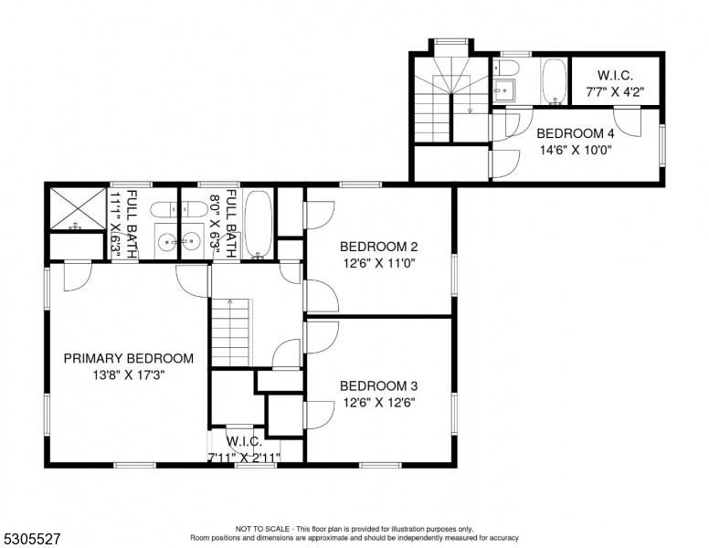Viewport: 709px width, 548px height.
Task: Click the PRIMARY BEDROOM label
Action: (x=129, y=359)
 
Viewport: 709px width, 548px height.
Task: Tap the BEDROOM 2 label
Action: (x=379, y=247)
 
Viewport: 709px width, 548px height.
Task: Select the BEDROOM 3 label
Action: (x=379, y=386)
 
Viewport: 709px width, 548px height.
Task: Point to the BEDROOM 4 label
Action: (x=576, y=134)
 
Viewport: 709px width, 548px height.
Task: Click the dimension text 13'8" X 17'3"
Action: (x=129, y=375)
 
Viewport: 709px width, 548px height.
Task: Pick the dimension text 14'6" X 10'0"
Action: (x=576, y=150)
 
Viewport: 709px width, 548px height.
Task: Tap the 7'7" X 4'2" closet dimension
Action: (x=615, y=91)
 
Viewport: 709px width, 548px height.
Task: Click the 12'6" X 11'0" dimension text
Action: (x=379, y=263)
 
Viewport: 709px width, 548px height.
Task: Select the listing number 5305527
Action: (x=32, y=539)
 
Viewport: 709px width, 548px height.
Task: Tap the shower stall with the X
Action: (x=78, y=208)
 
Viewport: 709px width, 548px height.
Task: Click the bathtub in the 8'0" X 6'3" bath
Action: (x=259, y=225)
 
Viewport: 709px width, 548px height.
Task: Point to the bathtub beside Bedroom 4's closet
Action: (x=554, y=82)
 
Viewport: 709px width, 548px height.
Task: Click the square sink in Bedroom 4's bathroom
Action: (x=504, y=91)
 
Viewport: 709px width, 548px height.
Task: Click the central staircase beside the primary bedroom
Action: (x=230, y=332)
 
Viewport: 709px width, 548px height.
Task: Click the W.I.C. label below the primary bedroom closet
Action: (x=244, y=441)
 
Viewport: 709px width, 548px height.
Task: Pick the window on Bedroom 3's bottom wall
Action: (x=380, y=465)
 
